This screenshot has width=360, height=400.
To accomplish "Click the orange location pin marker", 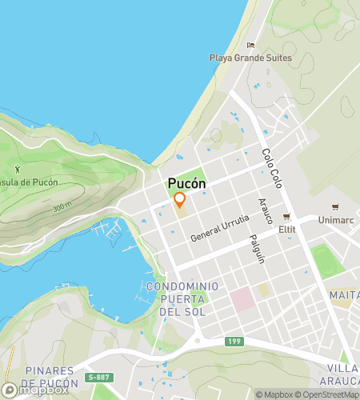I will click(180, 200).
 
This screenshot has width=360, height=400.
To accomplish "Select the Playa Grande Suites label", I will click(250, 58).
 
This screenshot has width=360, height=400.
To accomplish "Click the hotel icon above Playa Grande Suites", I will click(250, 46).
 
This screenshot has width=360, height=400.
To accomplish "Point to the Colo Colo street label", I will click(272, 165).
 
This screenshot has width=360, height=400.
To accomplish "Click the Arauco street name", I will click(266, 210).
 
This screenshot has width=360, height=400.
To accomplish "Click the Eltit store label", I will click(286, 229).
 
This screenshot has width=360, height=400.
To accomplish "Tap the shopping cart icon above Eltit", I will click(286, 217).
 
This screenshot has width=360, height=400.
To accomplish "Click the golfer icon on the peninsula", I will click(18, 169).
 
